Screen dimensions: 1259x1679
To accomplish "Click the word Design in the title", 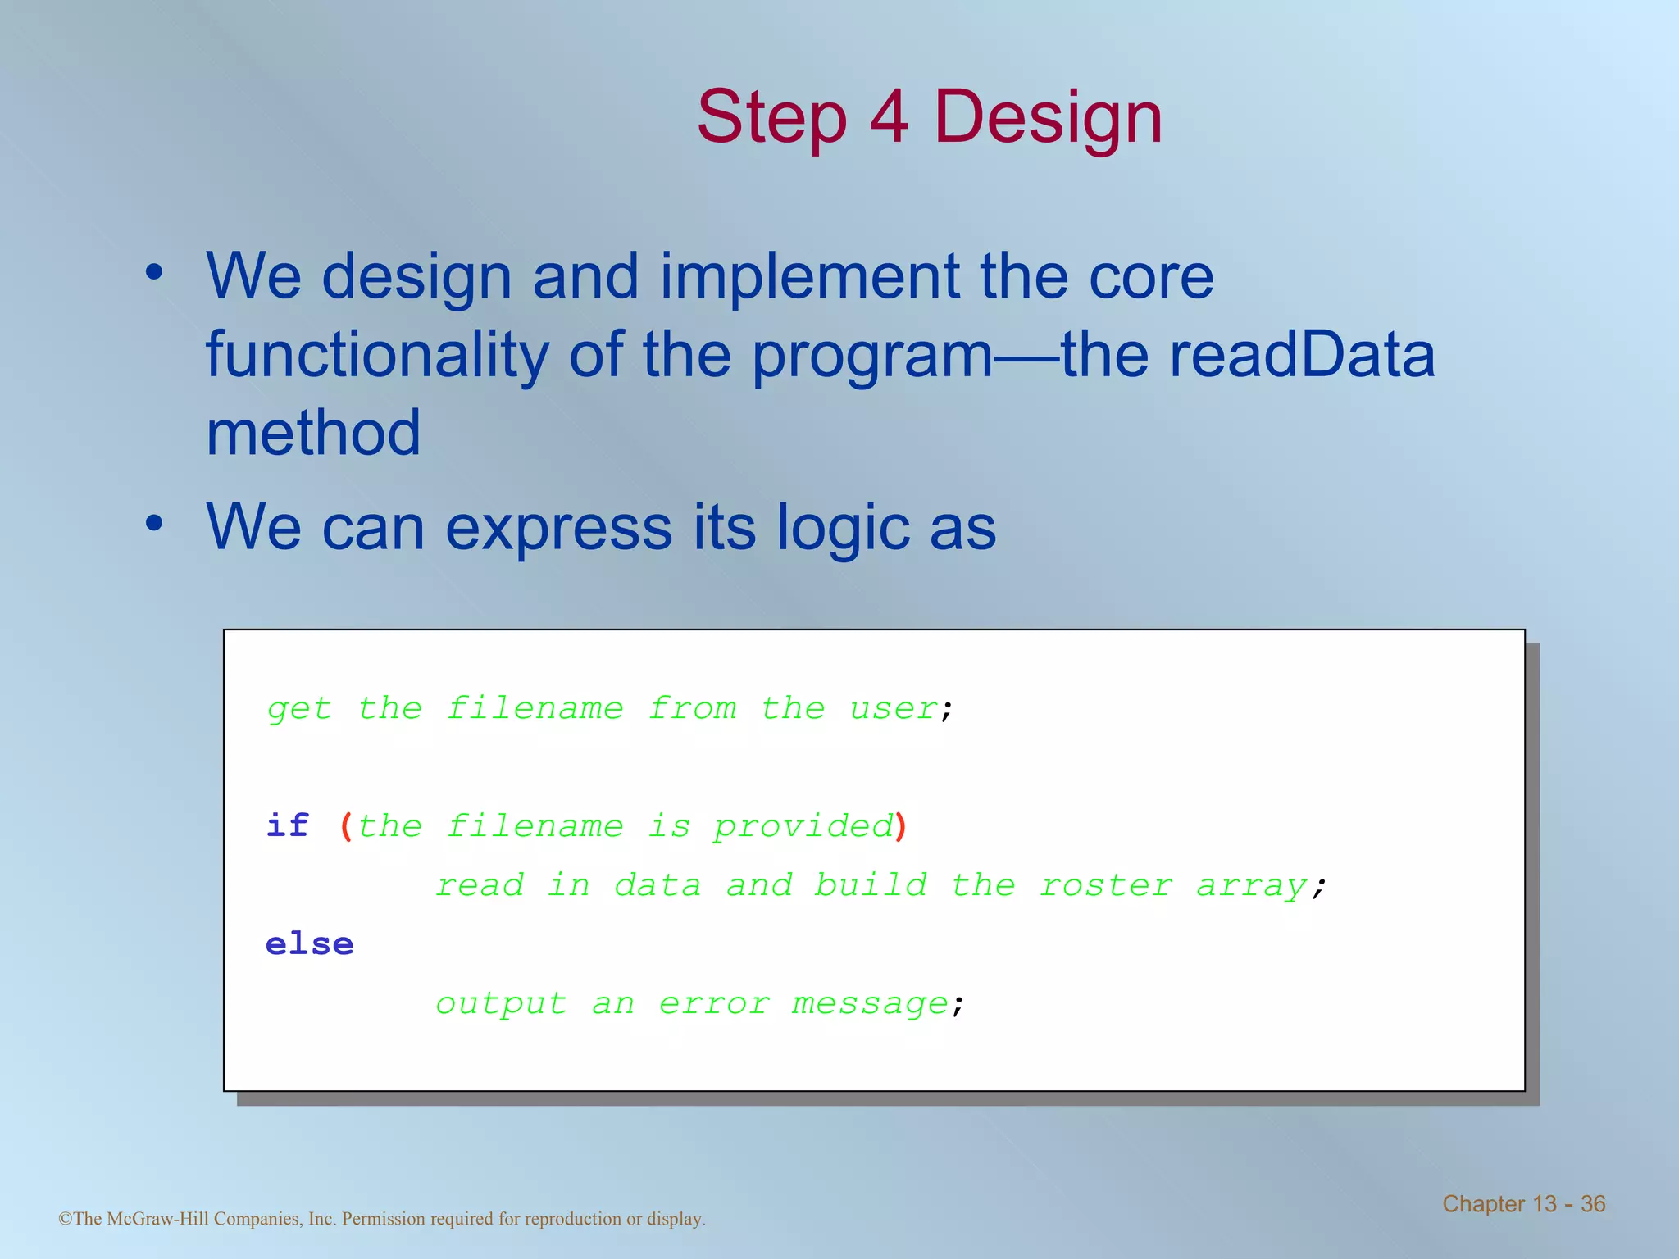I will (1048, 117).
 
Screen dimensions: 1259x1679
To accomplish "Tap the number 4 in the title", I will (890, 117).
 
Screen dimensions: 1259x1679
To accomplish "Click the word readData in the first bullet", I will (1301, 355).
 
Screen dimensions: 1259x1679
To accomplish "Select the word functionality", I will (376, 355).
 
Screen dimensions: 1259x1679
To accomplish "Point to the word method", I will (313, 433).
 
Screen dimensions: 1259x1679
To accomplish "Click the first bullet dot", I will (154, 272).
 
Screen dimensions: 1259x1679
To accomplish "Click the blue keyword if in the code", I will (288, 825).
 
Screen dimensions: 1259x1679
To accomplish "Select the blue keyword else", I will (309, 944).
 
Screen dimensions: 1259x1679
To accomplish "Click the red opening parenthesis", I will (346, 826).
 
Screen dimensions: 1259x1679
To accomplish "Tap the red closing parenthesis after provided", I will (901, 826).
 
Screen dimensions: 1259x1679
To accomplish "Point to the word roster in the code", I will (1105, 885).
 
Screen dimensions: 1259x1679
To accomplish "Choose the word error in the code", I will (713, 1003).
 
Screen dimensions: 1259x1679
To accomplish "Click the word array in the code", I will (1250, 886).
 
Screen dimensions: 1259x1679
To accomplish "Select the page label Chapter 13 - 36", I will (1523, 1203).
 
